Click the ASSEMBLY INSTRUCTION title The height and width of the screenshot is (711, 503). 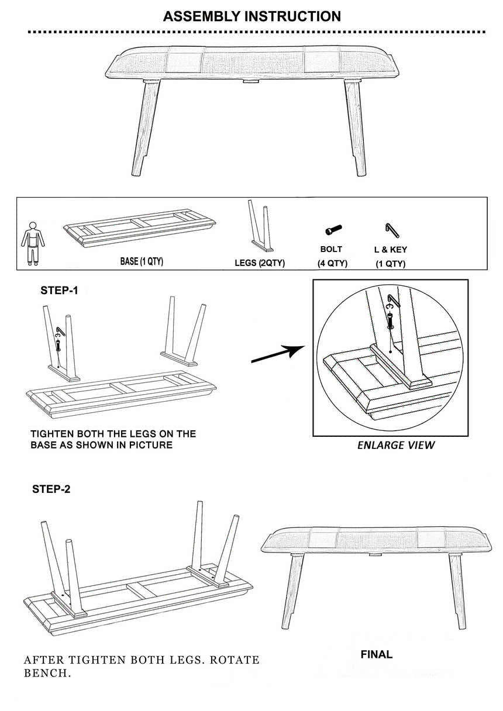252,16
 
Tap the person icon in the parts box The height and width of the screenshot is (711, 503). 33,244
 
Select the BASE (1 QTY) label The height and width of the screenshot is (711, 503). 142,261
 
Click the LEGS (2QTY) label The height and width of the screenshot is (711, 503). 260,263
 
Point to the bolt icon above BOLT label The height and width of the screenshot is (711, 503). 333,229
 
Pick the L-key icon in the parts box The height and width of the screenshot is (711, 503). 392,230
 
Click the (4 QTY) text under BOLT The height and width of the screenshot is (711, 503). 332,264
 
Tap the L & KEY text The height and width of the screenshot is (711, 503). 390,250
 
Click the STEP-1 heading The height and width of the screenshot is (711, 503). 59,291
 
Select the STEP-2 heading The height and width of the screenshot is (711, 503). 51,489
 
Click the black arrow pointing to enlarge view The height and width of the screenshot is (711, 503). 278,354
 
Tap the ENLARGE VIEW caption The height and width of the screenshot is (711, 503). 396,446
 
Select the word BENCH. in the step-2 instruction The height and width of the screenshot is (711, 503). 47,673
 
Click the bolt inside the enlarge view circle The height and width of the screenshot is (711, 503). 390,320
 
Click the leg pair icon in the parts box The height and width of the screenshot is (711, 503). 260,226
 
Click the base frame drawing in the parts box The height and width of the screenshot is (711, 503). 140,227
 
